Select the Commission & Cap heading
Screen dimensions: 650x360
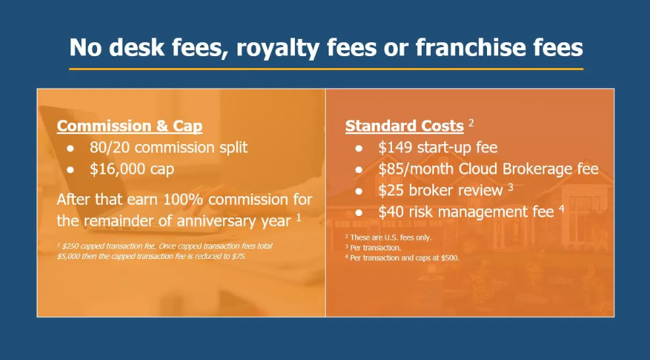pos(129,126)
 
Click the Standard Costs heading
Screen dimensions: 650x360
pos(404,126)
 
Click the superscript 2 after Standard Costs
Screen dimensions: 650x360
pos(471,123)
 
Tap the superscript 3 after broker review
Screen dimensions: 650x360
pos(510,187)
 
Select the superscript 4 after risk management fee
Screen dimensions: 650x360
pos(562,209)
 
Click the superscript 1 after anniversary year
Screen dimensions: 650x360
pos(298,217)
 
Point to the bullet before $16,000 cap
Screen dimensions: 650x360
pos(71,170)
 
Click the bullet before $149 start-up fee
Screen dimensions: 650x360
pos(359,148)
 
